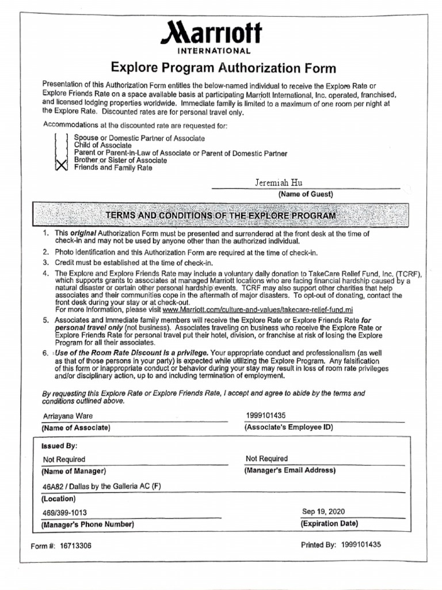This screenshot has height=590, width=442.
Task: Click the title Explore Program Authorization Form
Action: [223, 69]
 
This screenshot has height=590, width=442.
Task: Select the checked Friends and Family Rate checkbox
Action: [61, 167]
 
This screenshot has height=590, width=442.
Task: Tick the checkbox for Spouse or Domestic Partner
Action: [61, 138]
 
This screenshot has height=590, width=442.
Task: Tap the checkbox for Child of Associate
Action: [61, 145]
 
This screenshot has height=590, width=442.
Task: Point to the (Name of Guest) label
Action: [306, 194]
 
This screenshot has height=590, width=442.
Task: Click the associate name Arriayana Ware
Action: [67, 416]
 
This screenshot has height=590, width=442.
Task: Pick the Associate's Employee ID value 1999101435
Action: [265, 415]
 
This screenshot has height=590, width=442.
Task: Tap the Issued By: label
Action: [59, 446]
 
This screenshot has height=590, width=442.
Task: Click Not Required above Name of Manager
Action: [64, 459]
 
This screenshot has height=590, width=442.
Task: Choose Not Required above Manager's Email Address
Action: [266, 459]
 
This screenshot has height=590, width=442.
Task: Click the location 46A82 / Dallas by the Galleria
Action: [102, 486]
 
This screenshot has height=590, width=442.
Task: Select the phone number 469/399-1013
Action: [65, 512]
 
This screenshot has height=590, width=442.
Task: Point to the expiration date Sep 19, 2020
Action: [323, 511]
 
